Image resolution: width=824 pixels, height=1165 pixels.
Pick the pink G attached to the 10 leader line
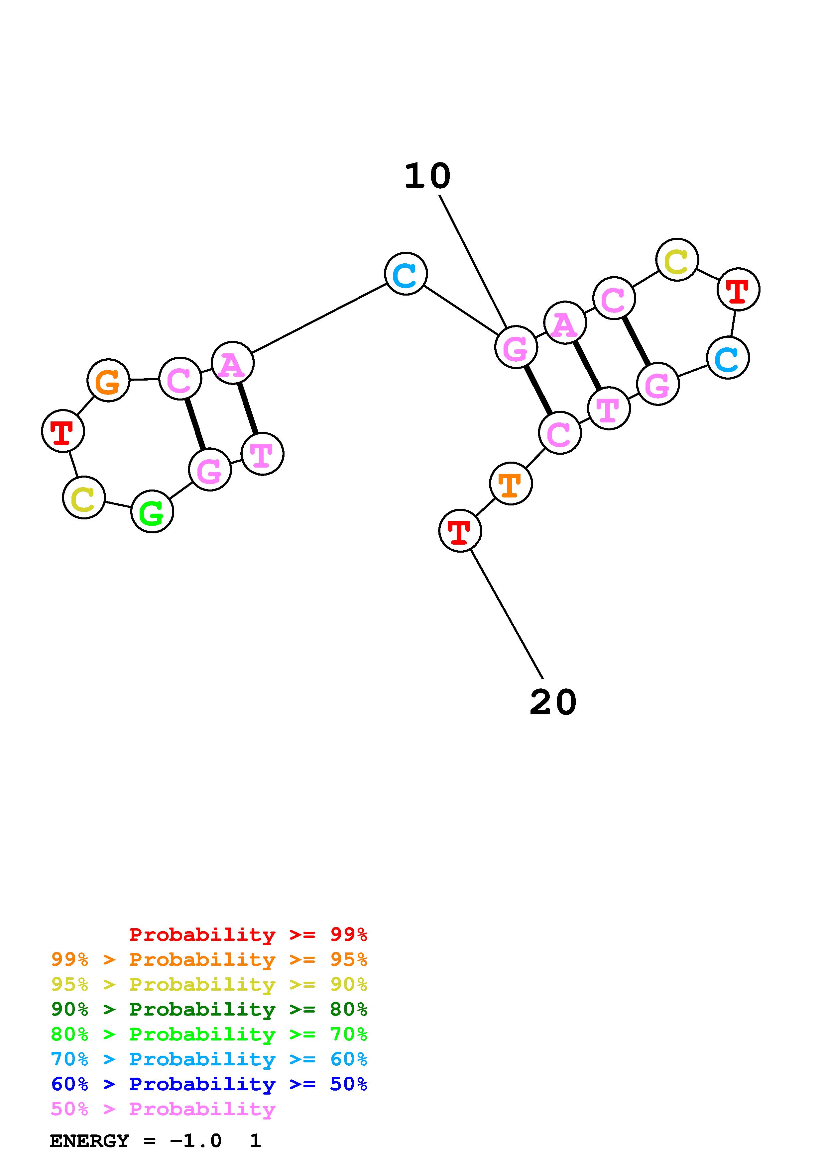pyautogui.click(x=516, y=348)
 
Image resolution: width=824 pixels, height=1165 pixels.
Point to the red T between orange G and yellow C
pyautogui.click(x=62, y=431)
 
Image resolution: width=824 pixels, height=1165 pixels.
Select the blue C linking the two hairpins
pyautogui.click(x=406, y=274)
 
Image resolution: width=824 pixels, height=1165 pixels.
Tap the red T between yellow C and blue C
pyautogui.click(x=738, y=289)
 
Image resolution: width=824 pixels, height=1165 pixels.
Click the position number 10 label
pyautogui.click(x=427, y=176)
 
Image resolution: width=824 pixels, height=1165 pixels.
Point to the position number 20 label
pyautogui.click(x=553, y=703)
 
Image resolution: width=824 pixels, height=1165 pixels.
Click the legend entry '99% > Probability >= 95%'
pyautogui.click(x=209, y=959)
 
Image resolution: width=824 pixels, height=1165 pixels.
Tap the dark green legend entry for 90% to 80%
pyautogui.click(x=209, y=1009)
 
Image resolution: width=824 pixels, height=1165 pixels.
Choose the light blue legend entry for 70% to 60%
pyautogui.click(x=209, y=1059)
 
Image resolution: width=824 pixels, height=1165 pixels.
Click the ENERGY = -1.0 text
pyautogui.click(x=136, y=1141)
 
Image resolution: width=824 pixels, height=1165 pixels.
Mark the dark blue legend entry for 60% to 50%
pyautogui.click(x=209, y=1084)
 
